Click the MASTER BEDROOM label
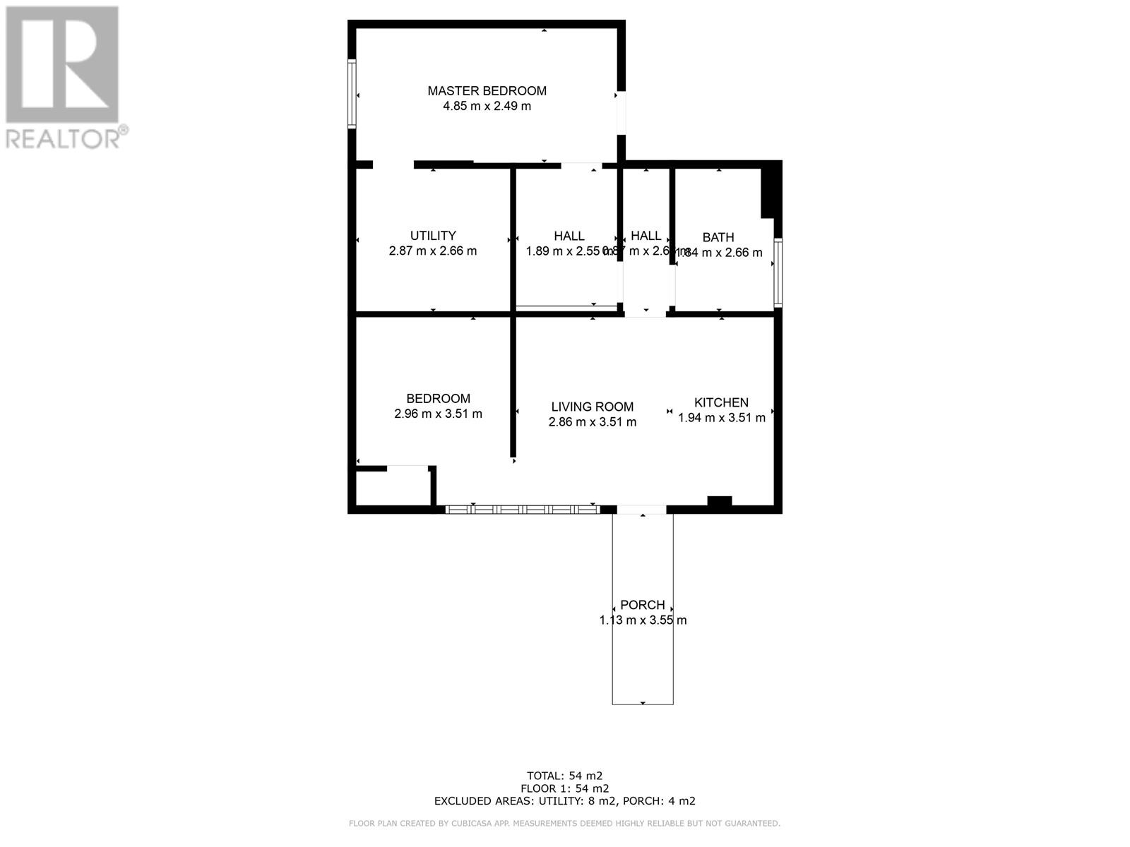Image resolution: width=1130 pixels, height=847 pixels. pos(487,90)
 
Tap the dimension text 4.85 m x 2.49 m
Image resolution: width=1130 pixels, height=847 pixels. pos(487,107)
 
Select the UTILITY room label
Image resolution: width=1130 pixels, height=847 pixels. pos(433,236)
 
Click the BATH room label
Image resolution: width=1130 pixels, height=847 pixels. pos(718,238)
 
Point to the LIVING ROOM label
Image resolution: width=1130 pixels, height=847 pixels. pos(592,407)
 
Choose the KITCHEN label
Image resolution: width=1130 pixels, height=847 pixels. pos(721,402)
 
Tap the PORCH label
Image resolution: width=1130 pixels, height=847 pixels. pos(642,605)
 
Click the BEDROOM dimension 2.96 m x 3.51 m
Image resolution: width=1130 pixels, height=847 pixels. pos(438,414)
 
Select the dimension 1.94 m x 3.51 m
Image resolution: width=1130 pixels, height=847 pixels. pos(722,418)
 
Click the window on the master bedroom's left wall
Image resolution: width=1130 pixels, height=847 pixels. pos(352,95)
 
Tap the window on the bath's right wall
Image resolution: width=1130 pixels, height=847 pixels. pos(778,273)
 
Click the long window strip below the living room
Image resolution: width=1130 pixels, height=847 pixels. pos(523,509)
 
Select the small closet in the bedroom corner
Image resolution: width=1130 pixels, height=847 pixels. pos(393,487)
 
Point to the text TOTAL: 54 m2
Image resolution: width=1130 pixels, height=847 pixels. pos(564,775)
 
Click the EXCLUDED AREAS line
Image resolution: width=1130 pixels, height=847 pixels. pos(564,801)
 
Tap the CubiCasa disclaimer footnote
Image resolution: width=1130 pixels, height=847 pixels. pos(564,824)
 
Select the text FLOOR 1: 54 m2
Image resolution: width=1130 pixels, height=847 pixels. pos(564,788)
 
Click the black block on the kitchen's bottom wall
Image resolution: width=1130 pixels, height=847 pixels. pos(720,502)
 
